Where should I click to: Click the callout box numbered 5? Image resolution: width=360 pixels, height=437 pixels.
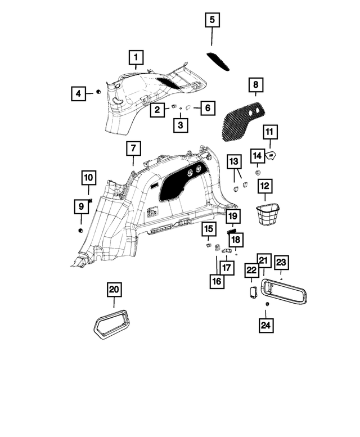pos(212,20)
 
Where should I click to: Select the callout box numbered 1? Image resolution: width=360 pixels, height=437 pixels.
pos(136,57)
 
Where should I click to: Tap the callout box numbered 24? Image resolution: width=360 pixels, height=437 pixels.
pos(266,325)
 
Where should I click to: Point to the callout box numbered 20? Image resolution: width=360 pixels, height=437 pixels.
pos(114,290)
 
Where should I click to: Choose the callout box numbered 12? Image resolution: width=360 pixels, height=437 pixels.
pos(265,186)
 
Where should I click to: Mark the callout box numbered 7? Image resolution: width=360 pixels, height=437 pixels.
pos(133,148)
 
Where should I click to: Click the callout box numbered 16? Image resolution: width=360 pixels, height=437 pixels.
pos(217,281)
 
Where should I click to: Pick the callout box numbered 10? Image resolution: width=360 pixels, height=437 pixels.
pos(89,178)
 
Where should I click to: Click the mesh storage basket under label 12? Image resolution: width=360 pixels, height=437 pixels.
pos(267,214)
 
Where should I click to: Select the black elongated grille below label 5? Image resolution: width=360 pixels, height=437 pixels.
pos(218,62)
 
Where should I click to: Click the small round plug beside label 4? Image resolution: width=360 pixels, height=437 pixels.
pos(98,92)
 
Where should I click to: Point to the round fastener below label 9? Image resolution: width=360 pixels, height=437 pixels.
pos(81,231)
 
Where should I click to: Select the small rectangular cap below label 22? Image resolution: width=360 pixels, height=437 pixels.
pos(253,292)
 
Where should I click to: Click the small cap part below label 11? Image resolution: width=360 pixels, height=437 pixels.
pos(270,155)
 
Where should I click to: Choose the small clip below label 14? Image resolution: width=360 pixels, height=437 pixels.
pos(258,173)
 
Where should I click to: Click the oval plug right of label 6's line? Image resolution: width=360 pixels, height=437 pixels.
pos(188,107)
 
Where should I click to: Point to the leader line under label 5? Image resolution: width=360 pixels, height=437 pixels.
pos(211,37)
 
